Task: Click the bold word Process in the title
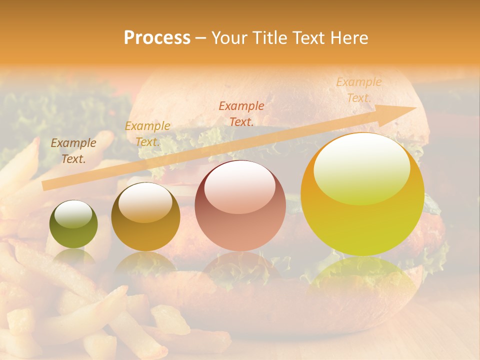point(157,38)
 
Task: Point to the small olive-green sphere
point(73,224)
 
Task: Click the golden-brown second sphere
point(145,217)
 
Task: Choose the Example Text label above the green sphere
point(73,151)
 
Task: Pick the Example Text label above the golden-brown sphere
point(147,134)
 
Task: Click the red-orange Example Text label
point(241,113)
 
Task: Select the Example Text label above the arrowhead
point(358,90)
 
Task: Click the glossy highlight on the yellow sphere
point(361,167)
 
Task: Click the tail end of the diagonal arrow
point(45,185)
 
